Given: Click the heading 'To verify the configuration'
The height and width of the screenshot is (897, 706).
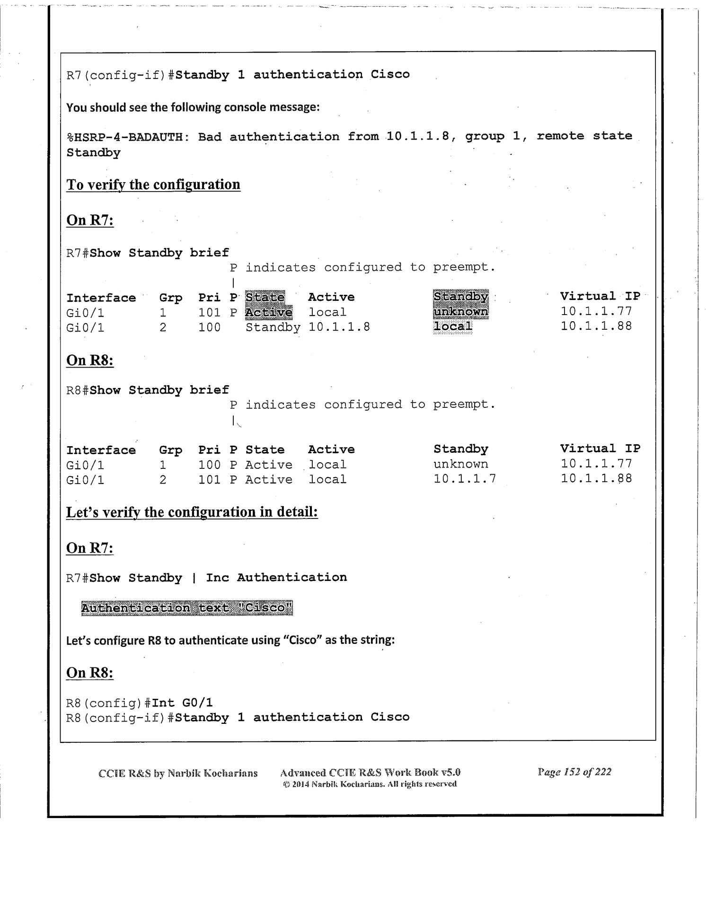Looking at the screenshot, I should click(x=153, y=185).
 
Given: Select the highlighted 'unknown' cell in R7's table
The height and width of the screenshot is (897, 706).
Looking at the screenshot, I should click(x=460, y=312).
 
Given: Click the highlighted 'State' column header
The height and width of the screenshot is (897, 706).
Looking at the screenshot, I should click(x=265, y=297).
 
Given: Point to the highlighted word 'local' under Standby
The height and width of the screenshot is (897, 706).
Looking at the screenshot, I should click(x=453, y=326).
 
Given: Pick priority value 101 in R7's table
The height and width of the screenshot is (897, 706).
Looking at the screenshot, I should click(x=209, y=313).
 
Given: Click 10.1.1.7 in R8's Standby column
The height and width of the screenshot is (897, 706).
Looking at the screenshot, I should click(x=465, y=479).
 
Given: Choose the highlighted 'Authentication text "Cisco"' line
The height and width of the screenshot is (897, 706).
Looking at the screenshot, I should click(x=187, y=608).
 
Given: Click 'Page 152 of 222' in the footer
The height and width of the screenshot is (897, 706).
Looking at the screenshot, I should click(x=574, y=772).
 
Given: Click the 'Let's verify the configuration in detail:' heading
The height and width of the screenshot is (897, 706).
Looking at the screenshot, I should click(x=192, y=512).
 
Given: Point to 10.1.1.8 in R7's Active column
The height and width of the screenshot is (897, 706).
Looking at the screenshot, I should click(x=339, y=327).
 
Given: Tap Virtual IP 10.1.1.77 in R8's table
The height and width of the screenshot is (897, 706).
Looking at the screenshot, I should click(x=596, y=464).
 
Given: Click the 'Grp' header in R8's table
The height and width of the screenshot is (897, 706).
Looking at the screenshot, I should click(x=171, y=450).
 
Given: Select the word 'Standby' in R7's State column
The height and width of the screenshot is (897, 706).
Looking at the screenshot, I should click(x=273, y=327).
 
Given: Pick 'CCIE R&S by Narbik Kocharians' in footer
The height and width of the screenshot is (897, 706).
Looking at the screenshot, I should click(x=178, y=773).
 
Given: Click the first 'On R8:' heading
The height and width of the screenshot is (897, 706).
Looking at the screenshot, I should click(x=90, y=361).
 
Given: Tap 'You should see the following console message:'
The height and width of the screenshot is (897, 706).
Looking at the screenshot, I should click(x=193, y=107).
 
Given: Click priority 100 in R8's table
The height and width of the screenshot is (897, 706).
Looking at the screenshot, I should click(x=209, y=465).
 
